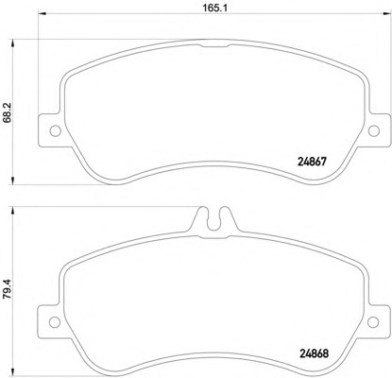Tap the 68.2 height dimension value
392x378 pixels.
(x=7, y=112)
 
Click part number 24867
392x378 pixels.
(x=312, y=162)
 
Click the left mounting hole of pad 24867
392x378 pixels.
(x=56, y=130)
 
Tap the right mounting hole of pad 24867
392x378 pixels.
(x=374, y=130)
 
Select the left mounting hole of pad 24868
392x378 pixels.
(x=55, y=322)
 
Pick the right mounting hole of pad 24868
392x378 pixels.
(x=373, y=322)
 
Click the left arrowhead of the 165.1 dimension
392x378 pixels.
(x=43, y=13)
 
